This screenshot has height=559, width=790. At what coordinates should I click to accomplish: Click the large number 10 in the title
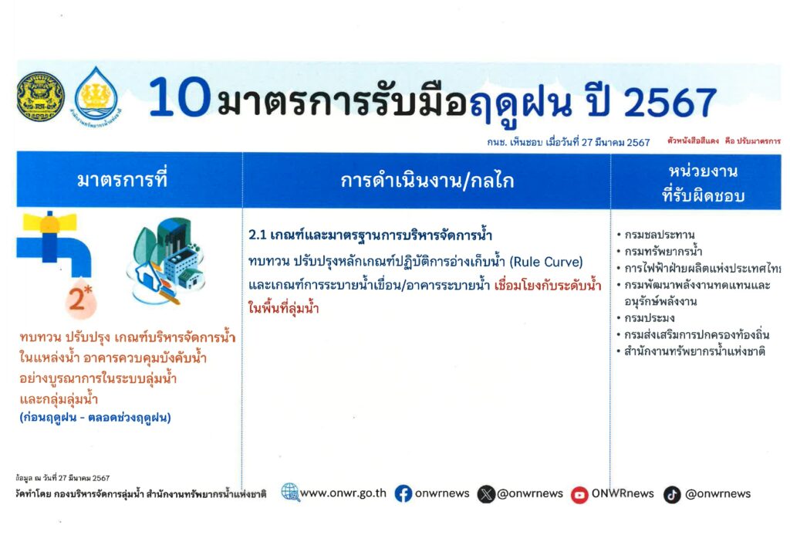[179, 97]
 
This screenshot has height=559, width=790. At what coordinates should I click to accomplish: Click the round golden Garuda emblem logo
[40, 97]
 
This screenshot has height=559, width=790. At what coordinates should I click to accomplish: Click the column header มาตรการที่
[122, 179]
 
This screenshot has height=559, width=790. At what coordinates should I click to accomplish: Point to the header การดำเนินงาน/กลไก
[427, 181]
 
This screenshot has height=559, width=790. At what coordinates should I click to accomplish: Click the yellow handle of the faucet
[49, 222]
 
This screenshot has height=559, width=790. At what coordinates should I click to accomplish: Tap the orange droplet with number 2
[80, 299]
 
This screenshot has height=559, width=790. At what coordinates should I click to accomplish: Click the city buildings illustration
[167, 261]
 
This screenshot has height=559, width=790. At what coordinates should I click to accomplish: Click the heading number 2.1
[257, 235]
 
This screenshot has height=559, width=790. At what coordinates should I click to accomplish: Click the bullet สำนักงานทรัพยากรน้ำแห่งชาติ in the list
[694, 351]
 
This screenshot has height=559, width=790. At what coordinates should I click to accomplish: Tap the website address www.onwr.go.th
[343, 493]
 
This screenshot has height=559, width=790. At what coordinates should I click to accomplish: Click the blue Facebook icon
[403, 494]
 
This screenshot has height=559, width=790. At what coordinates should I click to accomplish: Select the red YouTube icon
[579, 495]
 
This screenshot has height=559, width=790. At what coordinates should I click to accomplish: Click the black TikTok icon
[672, 495]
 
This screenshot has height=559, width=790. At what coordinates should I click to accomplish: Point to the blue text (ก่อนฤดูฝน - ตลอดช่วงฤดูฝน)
[95, 418]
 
